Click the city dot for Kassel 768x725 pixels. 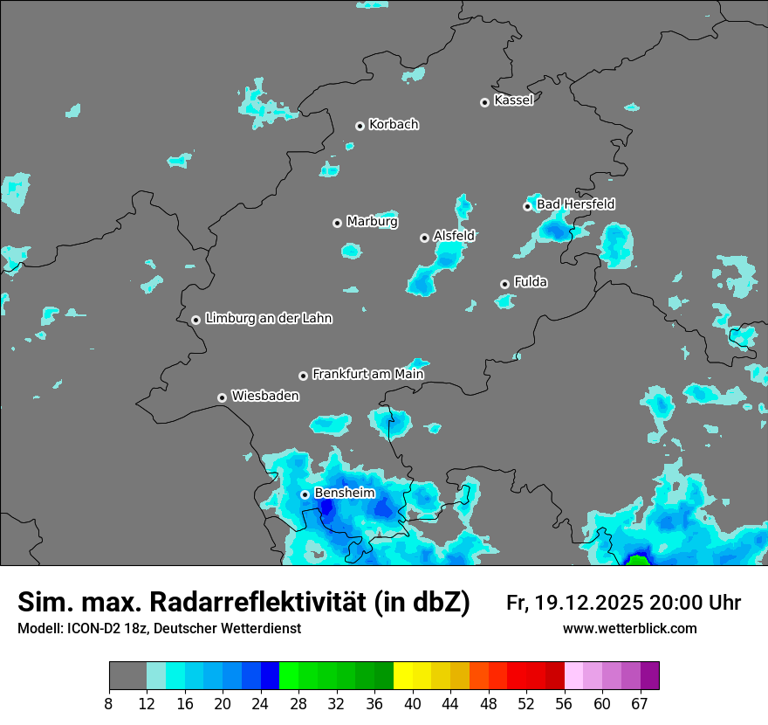[x=484, y=102]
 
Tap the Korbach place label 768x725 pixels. [x=394, y=124]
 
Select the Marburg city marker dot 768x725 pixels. [x=337, y=223]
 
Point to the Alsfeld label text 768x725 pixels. [x=454, y=236]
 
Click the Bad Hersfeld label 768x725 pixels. [x=575, y=204]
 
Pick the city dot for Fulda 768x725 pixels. [x=504, y=284]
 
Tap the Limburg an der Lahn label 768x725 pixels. [x=268, y=319]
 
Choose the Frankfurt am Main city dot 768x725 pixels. [x=303, y=376]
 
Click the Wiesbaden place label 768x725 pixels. [x=264, y=396]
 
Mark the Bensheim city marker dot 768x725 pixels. [x=305, y=494]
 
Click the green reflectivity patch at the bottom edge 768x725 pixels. [x=638, y=561]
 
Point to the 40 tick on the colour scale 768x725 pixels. [x=413, y=703]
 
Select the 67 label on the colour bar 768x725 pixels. [x=640, y=703]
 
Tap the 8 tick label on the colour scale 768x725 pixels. [x=109, y=703]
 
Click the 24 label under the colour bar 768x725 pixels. [x=261, y=703]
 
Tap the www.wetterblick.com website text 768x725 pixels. [x=629, y=628]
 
